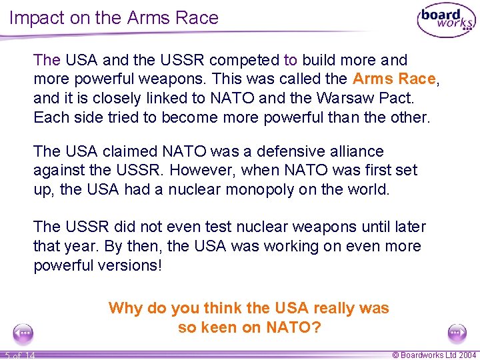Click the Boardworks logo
[446, 21]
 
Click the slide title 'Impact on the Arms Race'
[114, 18]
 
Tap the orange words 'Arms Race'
[394, 79]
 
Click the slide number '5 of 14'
[19, 355]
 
